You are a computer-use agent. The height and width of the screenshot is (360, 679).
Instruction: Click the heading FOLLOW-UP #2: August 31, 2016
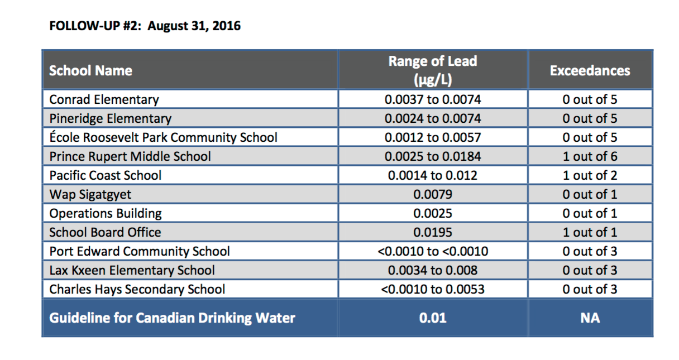(x=145, y=26)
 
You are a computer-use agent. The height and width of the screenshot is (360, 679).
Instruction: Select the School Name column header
(x=90, y=71)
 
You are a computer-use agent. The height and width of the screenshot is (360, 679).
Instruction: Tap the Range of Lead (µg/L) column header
(x=433, y=70)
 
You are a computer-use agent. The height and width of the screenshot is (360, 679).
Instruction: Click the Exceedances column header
(x=590, y=71)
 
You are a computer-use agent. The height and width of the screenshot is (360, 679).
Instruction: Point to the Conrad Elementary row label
(x=104, y=100)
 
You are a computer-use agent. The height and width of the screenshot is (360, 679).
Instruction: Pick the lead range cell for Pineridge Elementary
(x=433, y=119)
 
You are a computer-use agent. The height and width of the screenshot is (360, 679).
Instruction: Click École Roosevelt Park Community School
(x=163, y=137)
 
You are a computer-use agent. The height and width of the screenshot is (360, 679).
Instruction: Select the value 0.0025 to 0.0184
(x=433, y=156)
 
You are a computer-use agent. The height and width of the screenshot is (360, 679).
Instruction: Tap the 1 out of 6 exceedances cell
(x=590, y=156)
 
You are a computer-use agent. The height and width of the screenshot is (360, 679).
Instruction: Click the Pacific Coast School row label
(x=105, y=175)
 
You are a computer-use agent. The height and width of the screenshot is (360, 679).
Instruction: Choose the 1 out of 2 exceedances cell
(x=590, y=175)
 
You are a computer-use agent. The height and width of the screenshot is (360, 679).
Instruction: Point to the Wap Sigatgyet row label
(x=90, y=194)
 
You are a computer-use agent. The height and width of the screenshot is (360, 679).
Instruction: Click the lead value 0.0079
(x=433, y=194)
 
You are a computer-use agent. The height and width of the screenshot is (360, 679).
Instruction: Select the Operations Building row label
(x=106, y=213)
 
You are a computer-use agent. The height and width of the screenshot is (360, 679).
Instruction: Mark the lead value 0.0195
(x=433, y=232)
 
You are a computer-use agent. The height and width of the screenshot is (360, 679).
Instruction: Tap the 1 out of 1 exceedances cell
(x=590, y=232)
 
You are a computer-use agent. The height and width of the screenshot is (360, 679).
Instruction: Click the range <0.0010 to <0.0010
(x=433, y=251)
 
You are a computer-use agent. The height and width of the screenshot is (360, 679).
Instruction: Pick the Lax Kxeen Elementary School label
(x=132, y=270)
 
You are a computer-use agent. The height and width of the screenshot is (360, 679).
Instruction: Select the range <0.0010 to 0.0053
(x=433, y=289)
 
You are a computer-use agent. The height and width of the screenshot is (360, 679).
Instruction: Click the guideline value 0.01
(x=433, y=318)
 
